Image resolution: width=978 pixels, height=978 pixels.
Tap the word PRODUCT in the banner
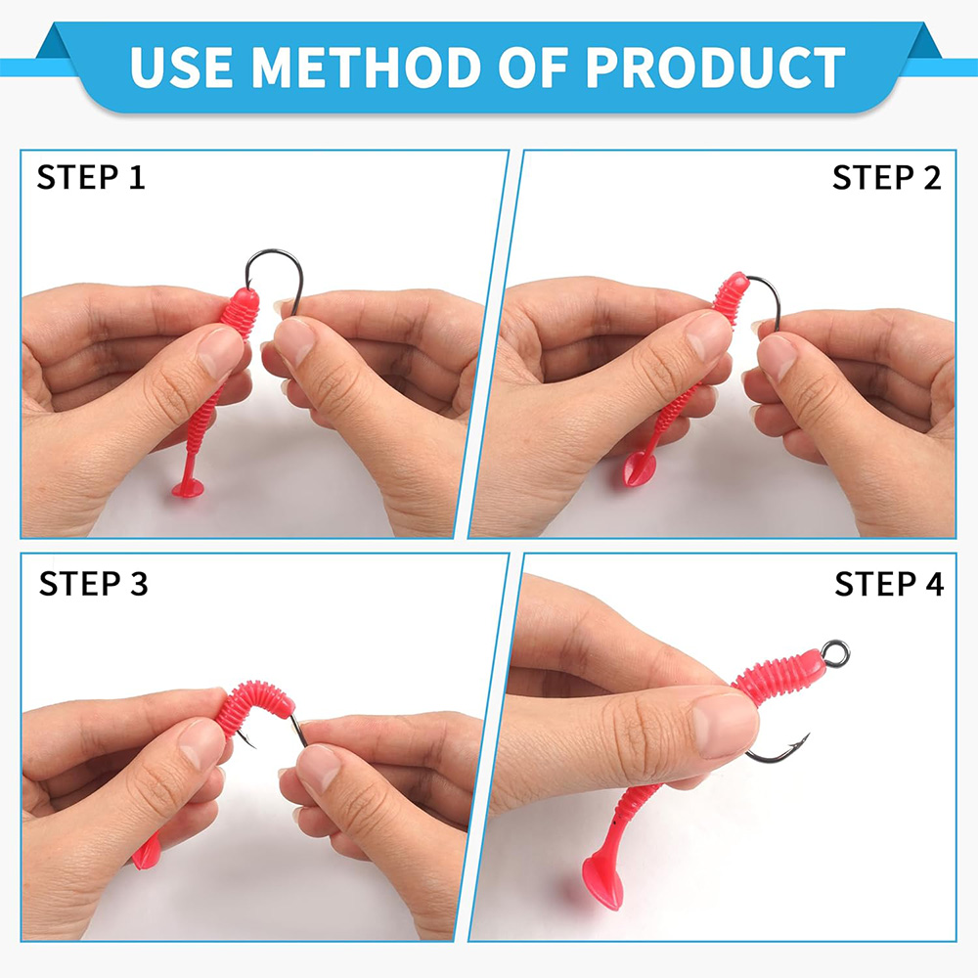point(716,67)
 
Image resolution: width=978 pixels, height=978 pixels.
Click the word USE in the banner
point(182,67)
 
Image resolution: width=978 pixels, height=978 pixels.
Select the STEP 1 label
point(91,177)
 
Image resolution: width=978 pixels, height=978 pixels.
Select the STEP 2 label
point(886,178)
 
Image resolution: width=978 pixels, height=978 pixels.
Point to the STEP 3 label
point(94,584)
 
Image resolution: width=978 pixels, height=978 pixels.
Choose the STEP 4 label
point(889,584)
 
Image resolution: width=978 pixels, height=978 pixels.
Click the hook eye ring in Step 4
point(834,653)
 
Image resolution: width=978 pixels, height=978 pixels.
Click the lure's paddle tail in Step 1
point(188,487)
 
